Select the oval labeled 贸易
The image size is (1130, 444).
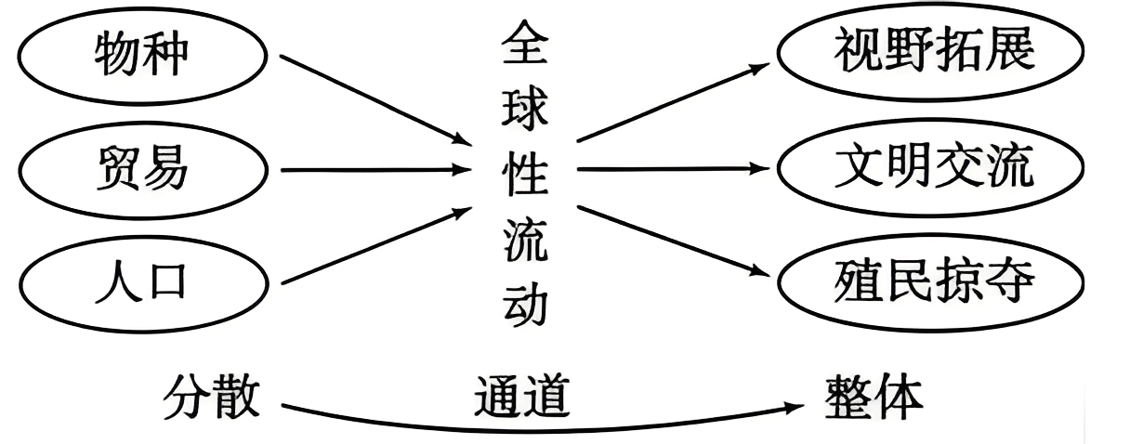click(x=141, y=170)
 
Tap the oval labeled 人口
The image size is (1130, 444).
click(x=141, y=281)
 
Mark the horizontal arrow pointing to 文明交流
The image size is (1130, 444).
click(x=673, y=170)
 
